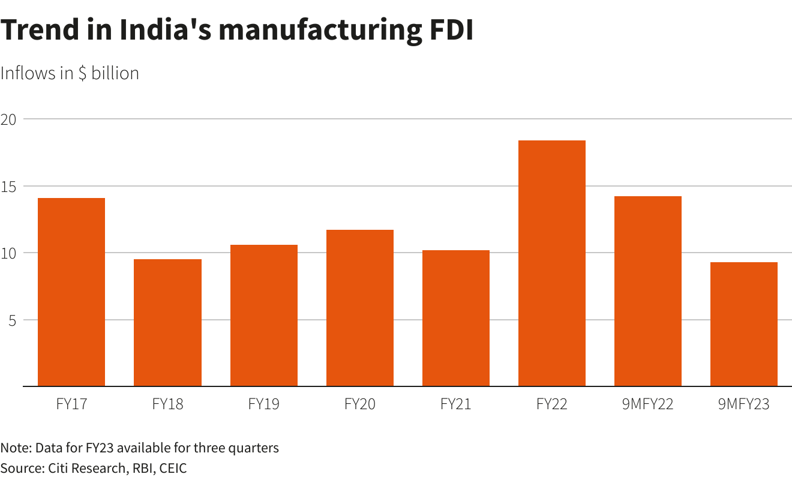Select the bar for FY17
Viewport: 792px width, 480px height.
coord(71,292)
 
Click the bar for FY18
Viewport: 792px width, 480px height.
coord(167,323)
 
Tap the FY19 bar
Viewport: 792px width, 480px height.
coord(264,316)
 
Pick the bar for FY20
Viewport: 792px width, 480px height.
coord(360,308)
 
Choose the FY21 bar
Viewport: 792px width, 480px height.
coord(456,318)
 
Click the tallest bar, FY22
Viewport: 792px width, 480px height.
coord(552,263)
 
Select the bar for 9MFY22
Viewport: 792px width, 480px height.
coord(648,291)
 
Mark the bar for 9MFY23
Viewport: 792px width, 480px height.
coord(744,324)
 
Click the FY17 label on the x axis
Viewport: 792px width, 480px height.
coord(71,404)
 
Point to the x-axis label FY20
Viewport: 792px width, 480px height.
coord(360,404)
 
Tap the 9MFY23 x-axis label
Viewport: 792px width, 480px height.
coord(744,404)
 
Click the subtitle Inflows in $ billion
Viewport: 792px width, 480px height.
coord(70,73)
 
